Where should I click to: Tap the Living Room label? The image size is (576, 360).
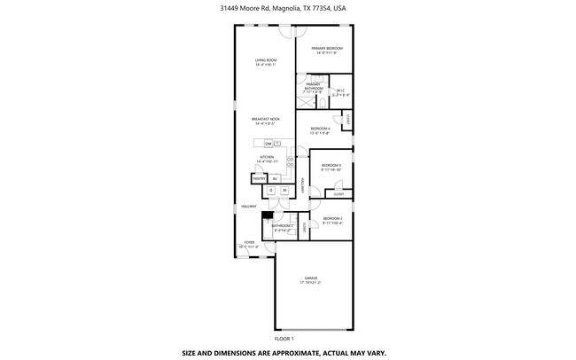click(x=266, y=62)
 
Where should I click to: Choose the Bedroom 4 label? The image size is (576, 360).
click(x=320, y=130)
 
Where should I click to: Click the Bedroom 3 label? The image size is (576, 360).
click(x=331, y=167)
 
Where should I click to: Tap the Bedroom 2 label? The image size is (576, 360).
click(x=332, y=220)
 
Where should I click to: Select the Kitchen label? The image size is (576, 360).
click(x=267, y=159)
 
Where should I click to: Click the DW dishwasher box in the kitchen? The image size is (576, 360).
click(x=267, y=143)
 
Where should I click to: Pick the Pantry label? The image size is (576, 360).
click(x=260, y=179)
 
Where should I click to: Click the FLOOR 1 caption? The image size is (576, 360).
click(x=284, y=338)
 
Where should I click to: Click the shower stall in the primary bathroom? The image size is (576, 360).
click(x=301, y=100)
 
